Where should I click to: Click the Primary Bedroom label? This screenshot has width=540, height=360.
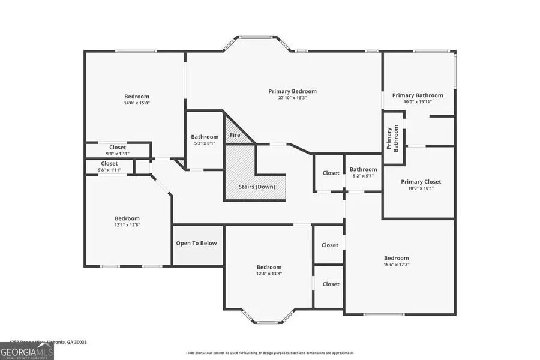click(292, 91)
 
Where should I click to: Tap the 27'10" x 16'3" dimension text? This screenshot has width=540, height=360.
click(292, 98)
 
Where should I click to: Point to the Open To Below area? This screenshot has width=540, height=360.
click(196, 244)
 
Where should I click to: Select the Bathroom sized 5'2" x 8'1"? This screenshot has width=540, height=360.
click(205, 140)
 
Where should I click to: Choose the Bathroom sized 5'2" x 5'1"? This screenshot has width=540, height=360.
click(363, 172)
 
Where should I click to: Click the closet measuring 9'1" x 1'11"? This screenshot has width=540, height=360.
click(118, 150)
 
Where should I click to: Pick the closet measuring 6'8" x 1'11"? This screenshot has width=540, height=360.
click(109, 166)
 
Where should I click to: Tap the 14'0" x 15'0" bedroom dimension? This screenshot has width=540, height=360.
click(137, 103)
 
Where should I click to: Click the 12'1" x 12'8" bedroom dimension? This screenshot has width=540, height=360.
click(127, 225)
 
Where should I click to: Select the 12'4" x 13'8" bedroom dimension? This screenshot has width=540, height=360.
click(269, 274)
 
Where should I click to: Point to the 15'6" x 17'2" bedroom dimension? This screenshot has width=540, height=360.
click(396, 264)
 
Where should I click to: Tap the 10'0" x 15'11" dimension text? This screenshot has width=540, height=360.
click(418, 101)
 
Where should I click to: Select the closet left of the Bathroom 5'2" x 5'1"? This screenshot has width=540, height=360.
click(331, 173)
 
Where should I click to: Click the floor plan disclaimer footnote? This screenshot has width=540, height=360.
click(269, 353)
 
